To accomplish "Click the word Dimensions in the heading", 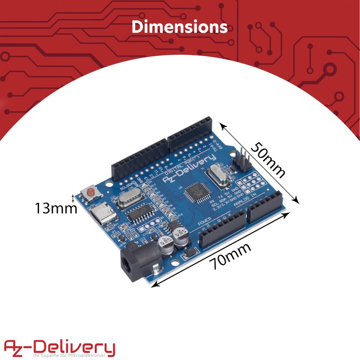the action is coord(180,27).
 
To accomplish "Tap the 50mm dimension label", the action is coord(268,160).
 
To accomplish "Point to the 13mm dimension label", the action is coord(53,208).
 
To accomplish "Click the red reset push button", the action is coord(90,193).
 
